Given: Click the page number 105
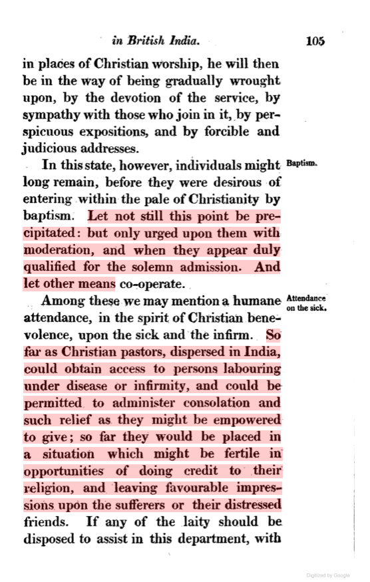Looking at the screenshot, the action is click(x=315, y=41).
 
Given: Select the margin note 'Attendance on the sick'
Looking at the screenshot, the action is click(x=305, y=303).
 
